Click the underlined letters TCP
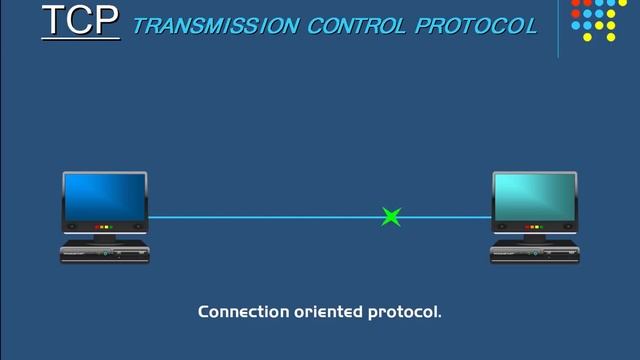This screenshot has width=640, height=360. tap(79, 21)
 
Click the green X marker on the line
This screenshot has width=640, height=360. tap(391, 216)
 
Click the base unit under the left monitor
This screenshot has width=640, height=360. tap(105, 253)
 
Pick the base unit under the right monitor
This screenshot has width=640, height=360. tap(535, 253)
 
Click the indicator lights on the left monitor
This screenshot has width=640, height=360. tap(104, 228)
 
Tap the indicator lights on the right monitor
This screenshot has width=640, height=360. tap(534, 228)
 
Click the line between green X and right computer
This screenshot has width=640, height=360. tap(445, 216)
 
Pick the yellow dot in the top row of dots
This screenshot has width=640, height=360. tap(612, 3)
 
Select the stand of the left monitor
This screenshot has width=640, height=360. tap(105, 238)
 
